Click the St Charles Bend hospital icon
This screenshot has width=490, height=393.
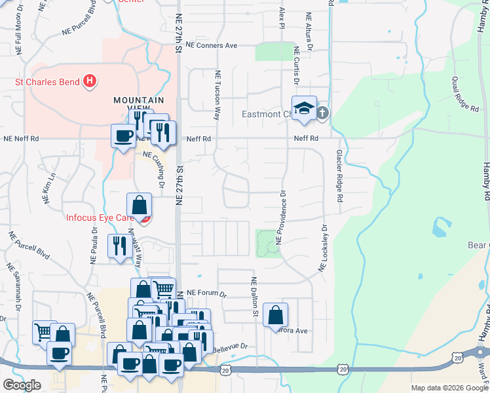pyautogui.click(x=90, y=82)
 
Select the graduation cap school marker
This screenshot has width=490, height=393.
pyautogui.click(x=304, y=109)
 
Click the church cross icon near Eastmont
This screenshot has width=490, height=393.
pyautogui.click(x=322, y=113)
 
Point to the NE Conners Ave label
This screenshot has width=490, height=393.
pyautogui.click(x=211, y=46)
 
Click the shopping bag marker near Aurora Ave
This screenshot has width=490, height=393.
pyautogui.click(x=275, y=315)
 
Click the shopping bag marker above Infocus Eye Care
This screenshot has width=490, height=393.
pyautogui.click(x=140, y=205)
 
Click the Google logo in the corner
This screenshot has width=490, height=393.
pyautogui.click(x=21, y=384)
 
